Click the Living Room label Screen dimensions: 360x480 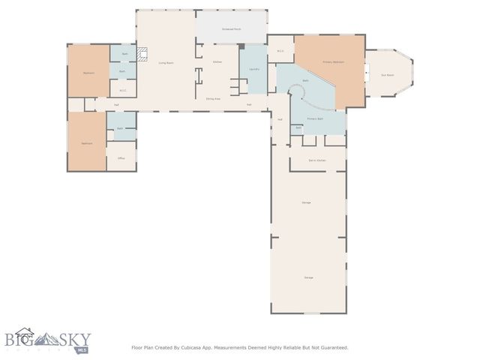tap(166, 63)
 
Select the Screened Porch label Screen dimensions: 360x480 tap(231, 28)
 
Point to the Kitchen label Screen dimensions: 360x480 tap(217, 61)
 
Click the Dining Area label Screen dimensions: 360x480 tap(213, 98)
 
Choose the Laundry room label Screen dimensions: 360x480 tap(253, 69)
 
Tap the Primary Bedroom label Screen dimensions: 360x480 tap(334, 61)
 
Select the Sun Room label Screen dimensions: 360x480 tap(388, 74)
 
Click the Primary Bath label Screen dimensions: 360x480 tap(316, 118)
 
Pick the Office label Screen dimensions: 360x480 tap(121, 158)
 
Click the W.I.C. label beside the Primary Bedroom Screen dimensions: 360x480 tap(280, 51)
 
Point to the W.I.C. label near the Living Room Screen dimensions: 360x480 tap(123, 91)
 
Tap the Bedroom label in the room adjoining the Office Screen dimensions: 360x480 tap(87, 142)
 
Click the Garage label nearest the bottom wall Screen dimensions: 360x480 tap(308, 277)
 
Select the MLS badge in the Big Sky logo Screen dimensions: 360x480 tap(82, 349)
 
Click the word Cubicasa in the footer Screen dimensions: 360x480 tap(192, 347)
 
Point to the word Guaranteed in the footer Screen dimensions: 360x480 tap(331, 347)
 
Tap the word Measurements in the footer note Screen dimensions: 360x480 tap(234, 347)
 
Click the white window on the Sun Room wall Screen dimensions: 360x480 tap(367, 73)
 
